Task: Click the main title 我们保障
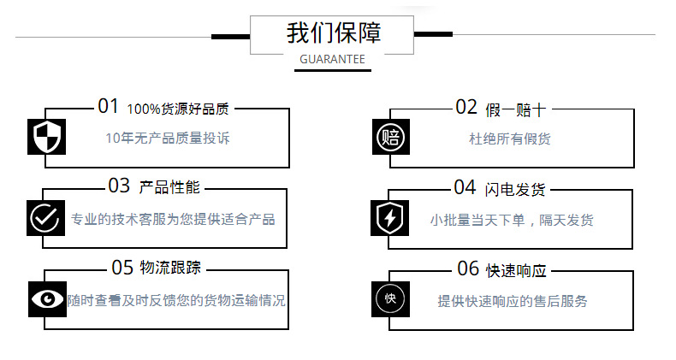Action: coord(334,33)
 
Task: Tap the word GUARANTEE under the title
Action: coord(333,60)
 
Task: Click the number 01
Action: coord(109,107)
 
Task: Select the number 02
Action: coord(465,107)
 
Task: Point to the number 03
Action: coord(119,186)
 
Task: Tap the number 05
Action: coord(123,268)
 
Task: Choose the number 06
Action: coord(468,269)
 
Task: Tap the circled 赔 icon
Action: coord(391,137)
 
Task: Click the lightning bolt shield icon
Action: coord(391,217)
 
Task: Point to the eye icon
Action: coord(47,298)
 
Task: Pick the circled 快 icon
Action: coord(391,298)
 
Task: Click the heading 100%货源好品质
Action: coord(178,109)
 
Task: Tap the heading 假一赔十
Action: coord(514,109)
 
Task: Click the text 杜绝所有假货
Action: coord(510,139)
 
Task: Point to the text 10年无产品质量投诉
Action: coord(168,138)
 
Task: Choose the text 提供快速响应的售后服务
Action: coord(513,301)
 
